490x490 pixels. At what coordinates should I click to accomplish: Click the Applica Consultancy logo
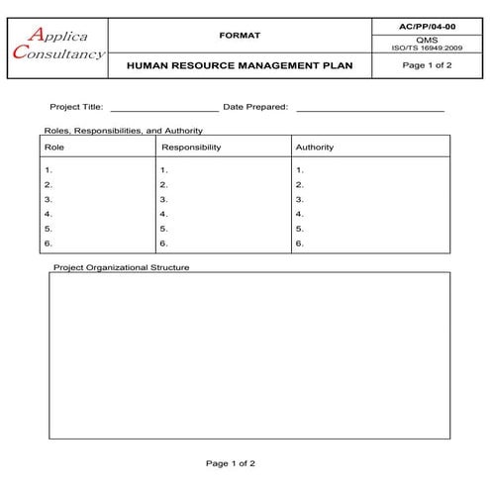[56, 44]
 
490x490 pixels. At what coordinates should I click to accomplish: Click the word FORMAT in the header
[240, 36]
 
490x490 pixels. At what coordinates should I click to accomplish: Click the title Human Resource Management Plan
[240, 66]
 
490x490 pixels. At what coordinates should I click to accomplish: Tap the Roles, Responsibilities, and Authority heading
[124, 130]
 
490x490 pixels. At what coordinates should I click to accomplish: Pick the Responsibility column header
[191, 147]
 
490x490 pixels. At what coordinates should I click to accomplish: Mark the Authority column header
[315, 147]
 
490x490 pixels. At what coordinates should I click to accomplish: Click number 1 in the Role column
[49, 170]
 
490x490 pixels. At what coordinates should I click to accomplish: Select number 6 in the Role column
[49, 243]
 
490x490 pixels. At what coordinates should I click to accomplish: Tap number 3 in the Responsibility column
[164, 199]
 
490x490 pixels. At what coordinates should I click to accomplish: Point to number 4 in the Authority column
[299, 214]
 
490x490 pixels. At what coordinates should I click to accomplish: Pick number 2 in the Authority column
[299, 185]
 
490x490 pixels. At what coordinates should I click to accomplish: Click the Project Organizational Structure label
[121, 267]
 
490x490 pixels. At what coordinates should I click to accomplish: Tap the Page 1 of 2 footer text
[230, 462]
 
